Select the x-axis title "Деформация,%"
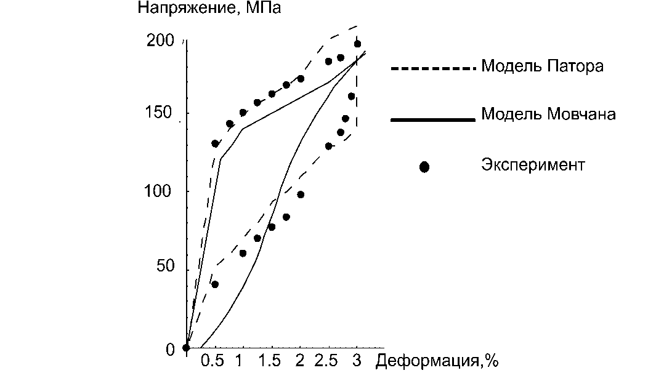(436, 361)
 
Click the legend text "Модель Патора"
(542, 66)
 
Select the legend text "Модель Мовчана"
(548, 114)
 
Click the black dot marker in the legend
(424, 167)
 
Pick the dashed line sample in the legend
(434, 68)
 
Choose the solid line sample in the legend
(434, 120)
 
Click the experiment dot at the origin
(186, 348)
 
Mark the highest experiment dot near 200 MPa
(357, 44)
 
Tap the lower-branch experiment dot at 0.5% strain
(215, 284)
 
